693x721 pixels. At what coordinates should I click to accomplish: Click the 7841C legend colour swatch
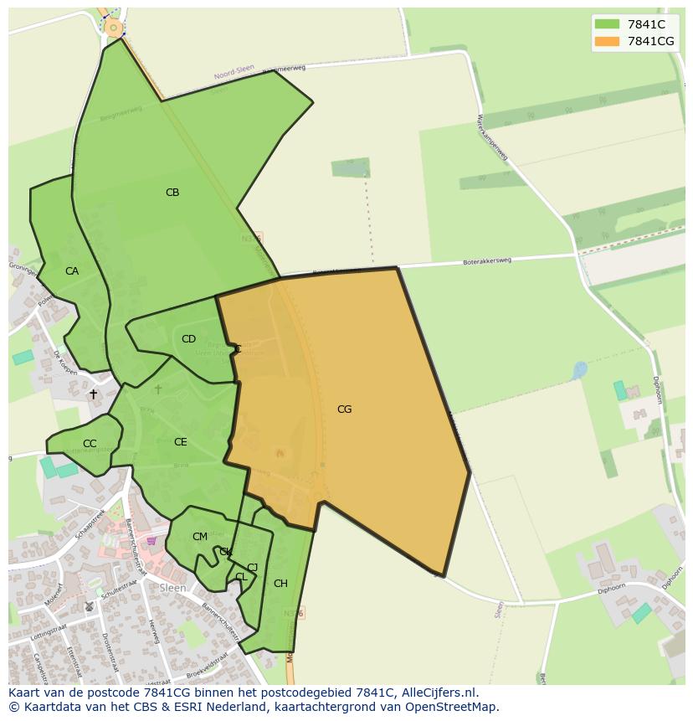(x=607, y=24)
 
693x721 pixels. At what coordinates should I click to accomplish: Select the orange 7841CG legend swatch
(x=607, y=41)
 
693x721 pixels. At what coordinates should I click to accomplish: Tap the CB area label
(x=172, y=193)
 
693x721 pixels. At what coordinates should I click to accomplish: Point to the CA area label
(x=72, y=271)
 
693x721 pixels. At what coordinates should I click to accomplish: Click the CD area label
(x=188, y=339)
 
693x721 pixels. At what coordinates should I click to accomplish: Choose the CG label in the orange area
(x=344, y=409)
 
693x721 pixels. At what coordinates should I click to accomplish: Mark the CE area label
(x=181, y=442)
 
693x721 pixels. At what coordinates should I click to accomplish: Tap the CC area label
(x=90, y=444)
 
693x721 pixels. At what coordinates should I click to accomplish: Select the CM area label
(x=199, y=537)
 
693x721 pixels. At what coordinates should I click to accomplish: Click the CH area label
(x=280, y=584)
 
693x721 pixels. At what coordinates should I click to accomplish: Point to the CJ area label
(x=252, y=568)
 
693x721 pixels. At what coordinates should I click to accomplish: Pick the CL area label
(x=241, y=577)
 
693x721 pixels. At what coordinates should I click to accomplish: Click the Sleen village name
(x=172, y=588)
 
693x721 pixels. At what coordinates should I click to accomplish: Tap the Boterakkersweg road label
(x=486, y=262)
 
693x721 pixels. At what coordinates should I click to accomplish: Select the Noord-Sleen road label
(x=234, y=74)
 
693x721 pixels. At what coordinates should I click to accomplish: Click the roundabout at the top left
(x=113, y=28)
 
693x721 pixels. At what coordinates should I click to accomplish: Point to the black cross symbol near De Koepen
(x=93, y=394)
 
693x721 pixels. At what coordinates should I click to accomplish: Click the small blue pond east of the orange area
(x=579, y=369)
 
